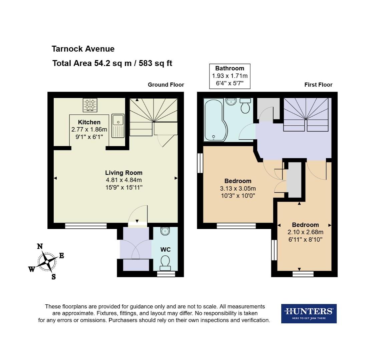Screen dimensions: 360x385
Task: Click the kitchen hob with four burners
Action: [90, 105]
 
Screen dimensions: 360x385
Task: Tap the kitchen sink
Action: [118, 126]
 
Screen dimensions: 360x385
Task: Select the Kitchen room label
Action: [89, 122]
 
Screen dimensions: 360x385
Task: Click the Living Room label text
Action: [124, 173]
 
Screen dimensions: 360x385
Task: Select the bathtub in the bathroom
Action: [214, 120]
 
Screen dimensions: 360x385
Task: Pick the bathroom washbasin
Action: [231, 101]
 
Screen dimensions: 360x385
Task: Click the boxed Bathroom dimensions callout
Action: [230, 76]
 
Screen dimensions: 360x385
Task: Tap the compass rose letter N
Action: [40, 246]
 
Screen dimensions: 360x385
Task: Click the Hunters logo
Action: [309, 313]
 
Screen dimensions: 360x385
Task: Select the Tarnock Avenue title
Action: [83, 49]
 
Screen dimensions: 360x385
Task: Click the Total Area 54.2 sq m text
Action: [112, 63]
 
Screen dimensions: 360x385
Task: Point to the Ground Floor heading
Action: [166, 85]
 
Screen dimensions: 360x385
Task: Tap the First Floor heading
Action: [318, 85]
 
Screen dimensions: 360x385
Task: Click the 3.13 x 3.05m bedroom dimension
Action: [238, 188]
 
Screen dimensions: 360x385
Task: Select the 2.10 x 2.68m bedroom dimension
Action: [305, 232]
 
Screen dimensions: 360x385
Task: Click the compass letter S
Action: [53, 277]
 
